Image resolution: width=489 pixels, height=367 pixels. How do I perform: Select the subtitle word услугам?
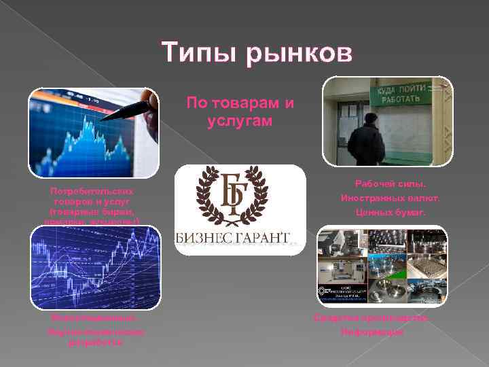click(x=240, y=120)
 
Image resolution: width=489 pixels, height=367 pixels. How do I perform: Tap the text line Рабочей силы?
click(x=390, y=184)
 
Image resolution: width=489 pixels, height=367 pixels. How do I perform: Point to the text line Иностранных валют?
click(x=390, y=198)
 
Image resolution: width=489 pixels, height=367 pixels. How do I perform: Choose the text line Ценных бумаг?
click(x=390, y=213)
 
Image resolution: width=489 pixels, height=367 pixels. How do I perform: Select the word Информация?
click(x=372, y=332)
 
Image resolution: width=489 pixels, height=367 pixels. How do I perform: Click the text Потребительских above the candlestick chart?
click(x=94, y=192)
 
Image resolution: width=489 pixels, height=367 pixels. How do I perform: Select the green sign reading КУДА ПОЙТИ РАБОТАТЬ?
click(x=401, y=95)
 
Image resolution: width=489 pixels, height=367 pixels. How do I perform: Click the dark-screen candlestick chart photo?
click(x=94, y=267)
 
